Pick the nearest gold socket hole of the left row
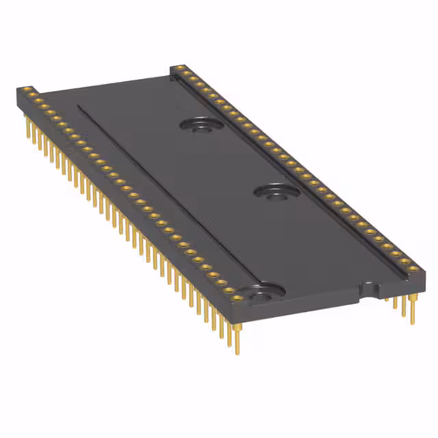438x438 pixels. [x=237, y=298]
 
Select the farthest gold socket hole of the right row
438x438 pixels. [x=179, y=68]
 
